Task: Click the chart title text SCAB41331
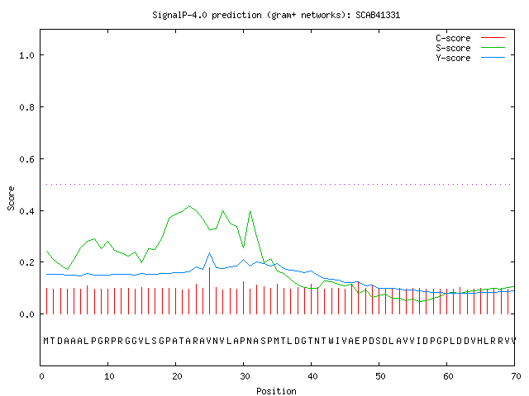tap(378, 15)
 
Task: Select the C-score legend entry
tap(470, 38)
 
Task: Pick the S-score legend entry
tap(470, 48)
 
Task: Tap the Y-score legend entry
tap(470, 58)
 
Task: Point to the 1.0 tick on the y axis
tap(27, 55)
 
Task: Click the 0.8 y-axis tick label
tap(27, 107)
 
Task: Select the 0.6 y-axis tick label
tap(27, 159)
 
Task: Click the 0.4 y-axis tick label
tap(27, 211)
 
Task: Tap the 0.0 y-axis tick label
tap(27, 314)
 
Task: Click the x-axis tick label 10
tap(109, 376)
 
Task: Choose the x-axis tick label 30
tap(245, 376)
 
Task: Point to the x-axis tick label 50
tap(380, 376)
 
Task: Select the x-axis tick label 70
tap(516, 376)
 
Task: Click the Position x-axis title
tap(276, 391)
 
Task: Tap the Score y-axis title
tap(11, 198)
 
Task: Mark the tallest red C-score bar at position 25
tap(209, 290)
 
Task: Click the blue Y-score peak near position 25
tap(209, 253)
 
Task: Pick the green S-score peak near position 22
tap(189, 205)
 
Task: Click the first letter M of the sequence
tap(46, 341)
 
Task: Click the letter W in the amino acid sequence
tap(331, 341)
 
